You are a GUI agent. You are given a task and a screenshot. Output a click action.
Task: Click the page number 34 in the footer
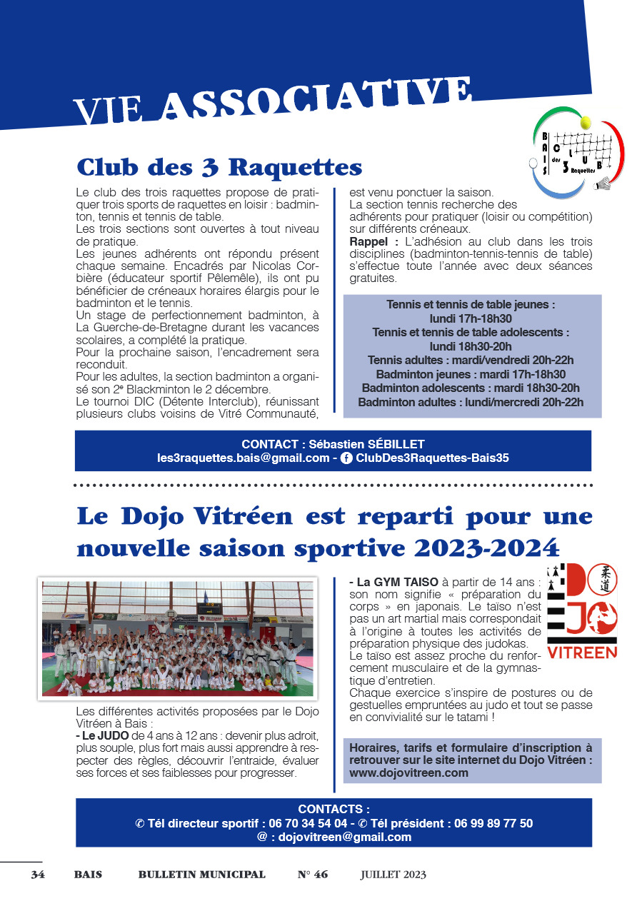(38, 875)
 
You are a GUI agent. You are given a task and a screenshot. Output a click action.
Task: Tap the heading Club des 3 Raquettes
(219, 167)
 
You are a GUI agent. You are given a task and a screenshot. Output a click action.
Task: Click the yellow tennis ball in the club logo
(586, 124)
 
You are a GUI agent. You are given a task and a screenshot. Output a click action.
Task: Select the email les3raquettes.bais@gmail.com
(243, 458)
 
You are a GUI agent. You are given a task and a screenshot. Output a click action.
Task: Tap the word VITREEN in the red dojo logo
(582, 653)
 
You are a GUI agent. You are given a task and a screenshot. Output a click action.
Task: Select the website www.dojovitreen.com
(408, 772)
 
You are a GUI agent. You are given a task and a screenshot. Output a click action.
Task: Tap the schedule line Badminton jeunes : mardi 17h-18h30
(471, 374)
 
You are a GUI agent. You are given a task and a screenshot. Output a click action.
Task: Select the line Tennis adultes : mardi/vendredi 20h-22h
(471, 360)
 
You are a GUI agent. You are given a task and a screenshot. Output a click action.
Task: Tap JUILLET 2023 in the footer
(393, 875)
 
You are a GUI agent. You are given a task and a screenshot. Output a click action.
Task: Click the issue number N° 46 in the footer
(313, 875)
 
